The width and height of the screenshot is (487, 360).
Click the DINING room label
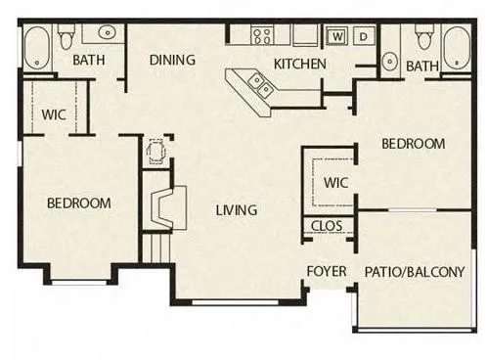(x=172, y=60)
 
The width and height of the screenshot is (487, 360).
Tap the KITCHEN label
(x=299, y=65)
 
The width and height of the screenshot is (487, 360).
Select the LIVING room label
(x=237, y=209)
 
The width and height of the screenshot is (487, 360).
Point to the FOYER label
(x=327, y=271)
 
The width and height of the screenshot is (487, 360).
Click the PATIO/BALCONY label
(x=415, y=272)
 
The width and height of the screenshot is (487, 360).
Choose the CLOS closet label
(x=326, y=226)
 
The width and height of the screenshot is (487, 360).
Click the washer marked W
(x=337, y=37)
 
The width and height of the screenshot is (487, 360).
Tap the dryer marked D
(x=363, y=37)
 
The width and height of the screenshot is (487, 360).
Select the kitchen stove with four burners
(x=263, y=36)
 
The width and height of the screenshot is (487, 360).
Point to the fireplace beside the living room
(x=161, y=206)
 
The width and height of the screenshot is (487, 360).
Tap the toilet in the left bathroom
(x=66, y=39)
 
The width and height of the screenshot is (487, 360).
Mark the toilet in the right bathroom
(x=423, y=40)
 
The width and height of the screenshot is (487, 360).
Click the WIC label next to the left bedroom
(x=54, y=113)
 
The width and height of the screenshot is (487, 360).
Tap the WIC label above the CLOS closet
(x=334, y=182)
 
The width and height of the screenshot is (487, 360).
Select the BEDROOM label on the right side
(x=413, y=144)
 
